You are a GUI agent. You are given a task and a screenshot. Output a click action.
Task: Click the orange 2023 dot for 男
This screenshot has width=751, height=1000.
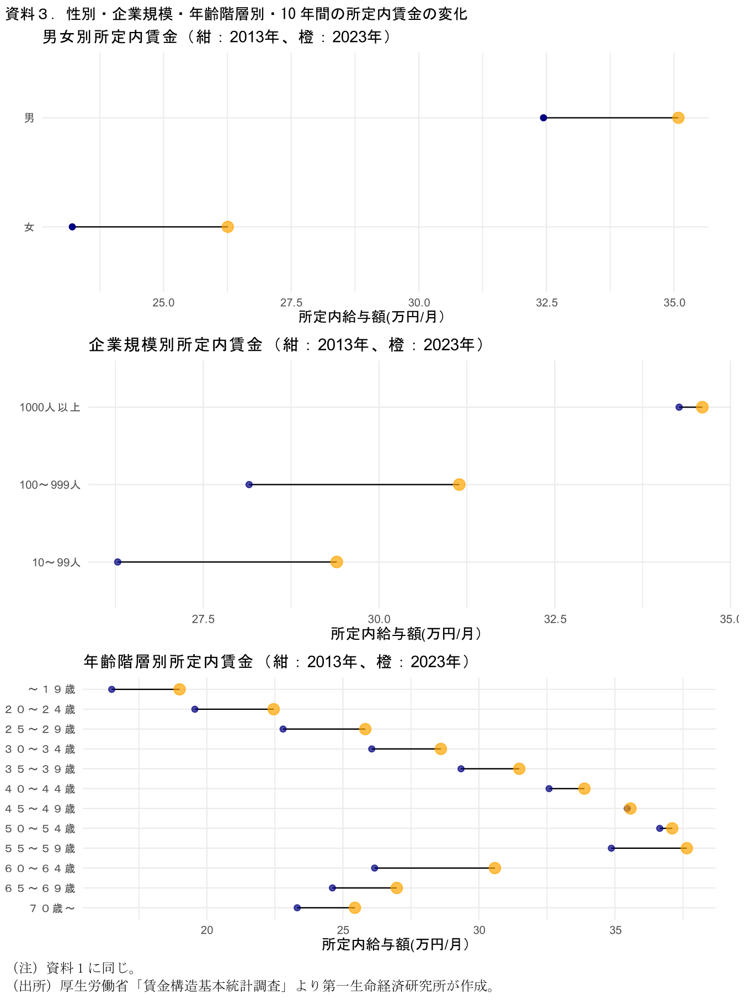[678, 117]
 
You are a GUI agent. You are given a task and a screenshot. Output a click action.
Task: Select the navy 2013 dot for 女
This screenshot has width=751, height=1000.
[72, 227]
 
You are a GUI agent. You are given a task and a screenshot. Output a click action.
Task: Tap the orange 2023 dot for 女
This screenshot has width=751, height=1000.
[227, 227]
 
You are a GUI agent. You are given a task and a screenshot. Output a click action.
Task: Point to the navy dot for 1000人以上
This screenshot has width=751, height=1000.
[679, 407]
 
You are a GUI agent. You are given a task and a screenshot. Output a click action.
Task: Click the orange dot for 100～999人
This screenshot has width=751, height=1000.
[459, 484]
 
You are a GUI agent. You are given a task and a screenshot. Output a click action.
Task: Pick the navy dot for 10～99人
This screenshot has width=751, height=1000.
[118, 562]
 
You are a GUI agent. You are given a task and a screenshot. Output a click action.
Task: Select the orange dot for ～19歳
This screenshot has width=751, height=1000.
[179, 689]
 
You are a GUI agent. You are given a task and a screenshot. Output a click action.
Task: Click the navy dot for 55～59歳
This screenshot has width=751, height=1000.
[611, 848]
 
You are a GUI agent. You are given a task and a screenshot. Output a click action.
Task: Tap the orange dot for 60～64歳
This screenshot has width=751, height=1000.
[495, 868]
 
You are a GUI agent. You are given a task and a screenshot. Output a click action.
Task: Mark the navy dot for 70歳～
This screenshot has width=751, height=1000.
[297, 907]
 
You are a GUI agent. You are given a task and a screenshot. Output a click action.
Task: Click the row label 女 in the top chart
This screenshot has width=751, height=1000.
[29, 227]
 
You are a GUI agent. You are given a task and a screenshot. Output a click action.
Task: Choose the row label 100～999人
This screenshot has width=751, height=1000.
[50, 485]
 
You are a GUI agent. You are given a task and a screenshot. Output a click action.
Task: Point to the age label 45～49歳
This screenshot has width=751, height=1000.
[40, 809]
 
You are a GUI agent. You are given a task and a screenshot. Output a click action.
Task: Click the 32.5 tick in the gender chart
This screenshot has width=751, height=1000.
[546, 302]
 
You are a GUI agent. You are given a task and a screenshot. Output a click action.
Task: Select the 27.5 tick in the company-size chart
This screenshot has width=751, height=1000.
[203, 619]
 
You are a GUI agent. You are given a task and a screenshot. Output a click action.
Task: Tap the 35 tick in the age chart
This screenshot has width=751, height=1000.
[615, 930]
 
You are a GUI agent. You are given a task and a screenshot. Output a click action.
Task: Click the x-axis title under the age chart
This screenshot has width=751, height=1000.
[395, 944]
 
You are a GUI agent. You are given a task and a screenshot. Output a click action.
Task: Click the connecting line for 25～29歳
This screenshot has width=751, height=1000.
[324, 729]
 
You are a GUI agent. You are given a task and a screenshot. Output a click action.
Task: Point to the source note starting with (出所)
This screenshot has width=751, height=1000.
[253, 985]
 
